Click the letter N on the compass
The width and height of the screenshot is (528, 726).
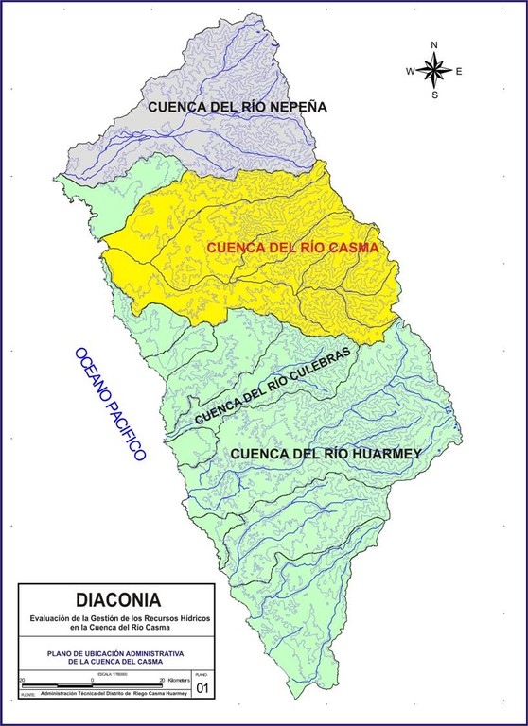[x=434, y=45]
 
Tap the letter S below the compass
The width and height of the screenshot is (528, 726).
[x=434, y=94]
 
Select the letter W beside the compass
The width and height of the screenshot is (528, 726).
[x=411, y=71]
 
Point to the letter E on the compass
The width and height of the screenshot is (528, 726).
[x=459, y=71]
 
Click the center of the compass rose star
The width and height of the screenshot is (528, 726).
[x=434, y=69]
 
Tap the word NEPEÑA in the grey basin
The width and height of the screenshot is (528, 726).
[x=290, y=107]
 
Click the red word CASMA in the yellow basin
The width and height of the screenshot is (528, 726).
[x=349, y=248]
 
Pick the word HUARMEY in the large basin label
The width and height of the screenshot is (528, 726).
[x=378, y=453]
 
